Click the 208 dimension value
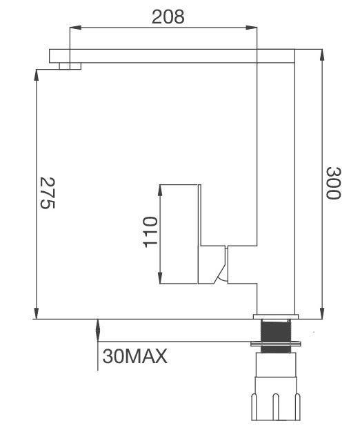(x=168, y=17)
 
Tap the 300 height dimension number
(x=333, y=183)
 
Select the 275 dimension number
(x=48, y=193)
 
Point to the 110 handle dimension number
(x=150, y=232)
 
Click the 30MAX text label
(x=135, y=357)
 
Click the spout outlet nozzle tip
(x=70, y=66)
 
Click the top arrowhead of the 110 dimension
(x=161, y=189)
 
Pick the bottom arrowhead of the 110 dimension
(x=161, y=279)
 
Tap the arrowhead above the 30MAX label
(x=98, y=324)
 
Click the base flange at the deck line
(x=276, y=317)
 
